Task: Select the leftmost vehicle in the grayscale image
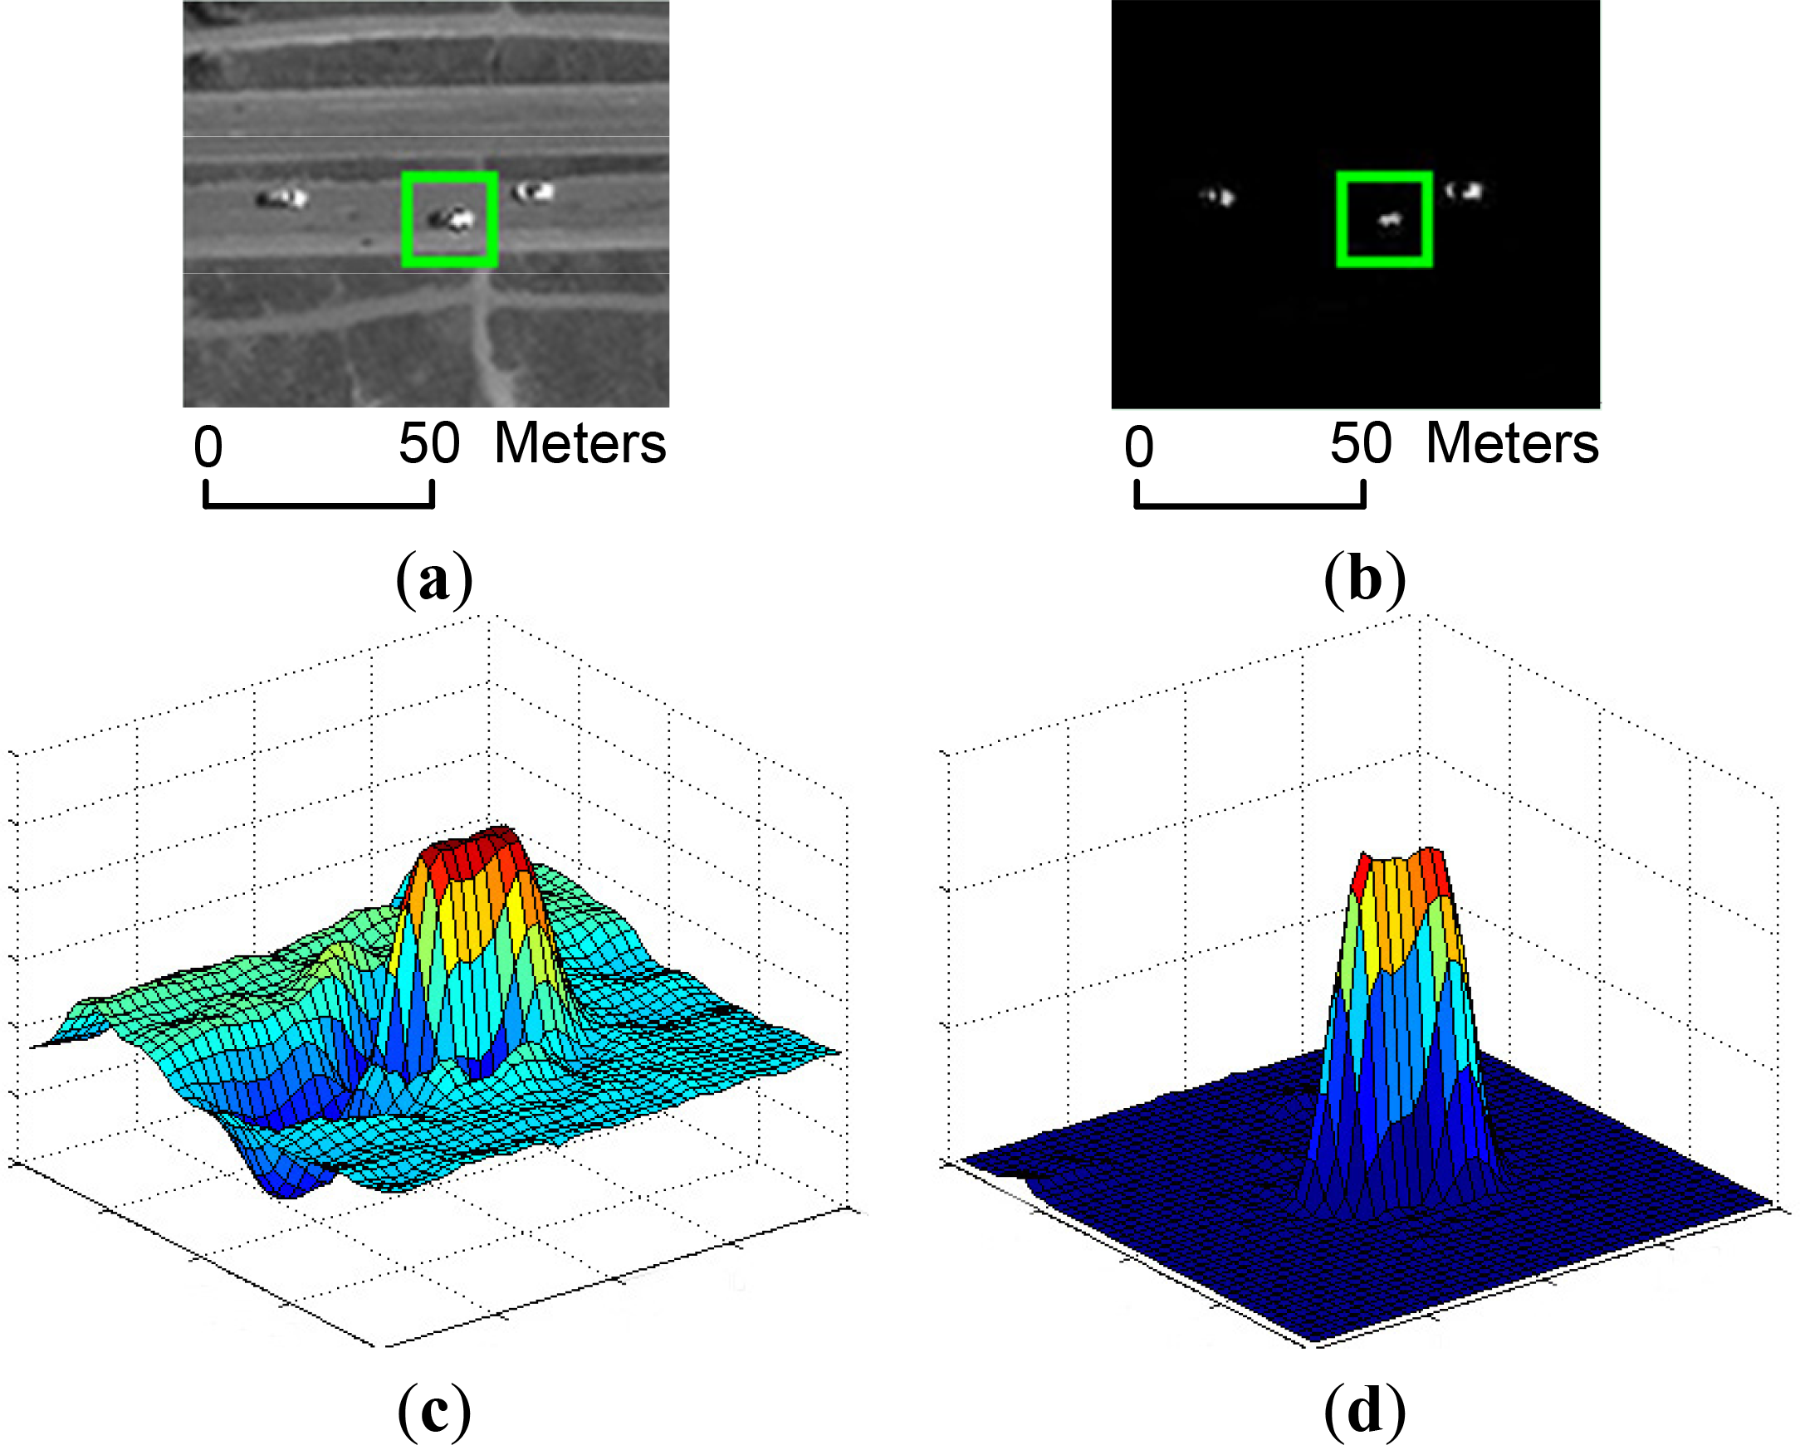pyautogui.click(x=282, y=198)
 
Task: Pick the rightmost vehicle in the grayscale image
pyautogui.click(x=535, y=192)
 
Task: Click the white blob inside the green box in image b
pyautogui.click(x=1388, y=221)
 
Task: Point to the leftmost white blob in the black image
pyautogui.click(x=1218, y=197)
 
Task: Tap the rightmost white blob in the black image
pyautogui.click(x=1465, y=191)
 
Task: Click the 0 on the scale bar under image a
pyautogui.click(x=208, y=447)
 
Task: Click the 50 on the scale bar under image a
pyautogui.click(x=429, y=443)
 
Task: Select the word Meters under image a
pyautogui.click(x=580, y=443)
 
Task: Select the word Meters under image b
pyautogui.click(x=1512, y=443)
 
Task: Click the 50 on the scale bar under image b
pyautogui.click(x=1361, y=443)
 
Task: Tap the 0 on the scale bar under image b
pyautogui.click(x=1139, y=447)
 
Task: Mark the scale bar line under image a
pyautogui.click(x=319, y=504)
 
